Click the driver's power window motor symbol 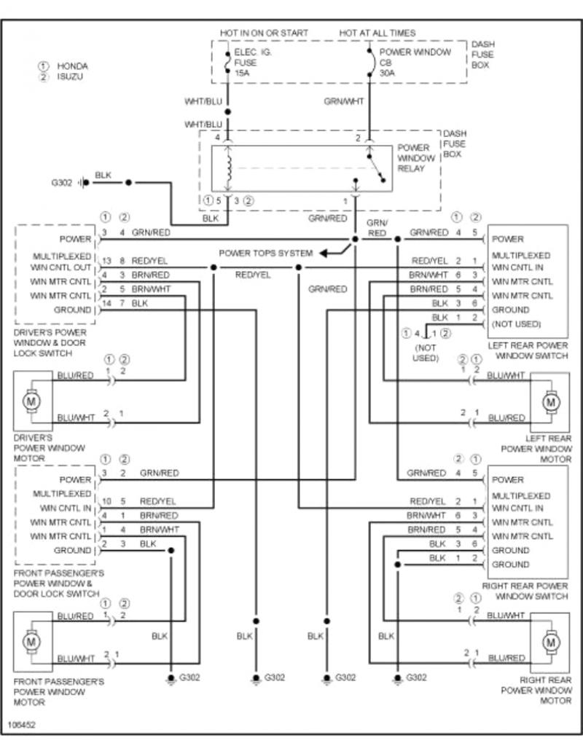31,400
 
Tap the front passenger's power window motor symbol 31,642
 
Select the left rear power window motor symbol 550,400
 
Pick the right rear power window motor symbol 550,642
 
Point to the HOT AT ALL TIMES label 377,33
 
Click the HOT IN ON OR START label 264,33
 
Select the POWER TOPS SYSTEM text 266,254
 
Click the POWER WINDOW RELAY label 415,158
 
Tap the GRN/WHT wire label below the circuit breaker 344,102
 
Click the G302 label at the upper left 61,182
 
